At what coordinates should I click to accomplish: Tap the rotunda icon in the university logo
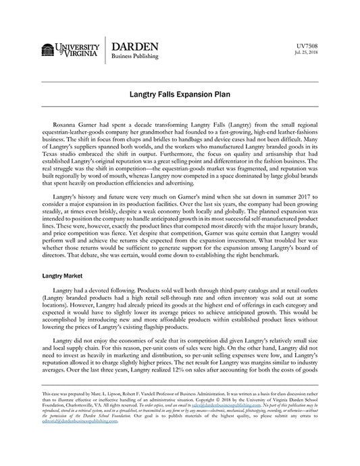(x=47, y=51)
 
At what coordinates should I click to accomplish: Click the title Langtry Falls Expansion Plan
(x=179, y=96)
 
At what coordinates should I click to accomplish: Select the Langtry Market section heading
(x=63, y=276)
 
